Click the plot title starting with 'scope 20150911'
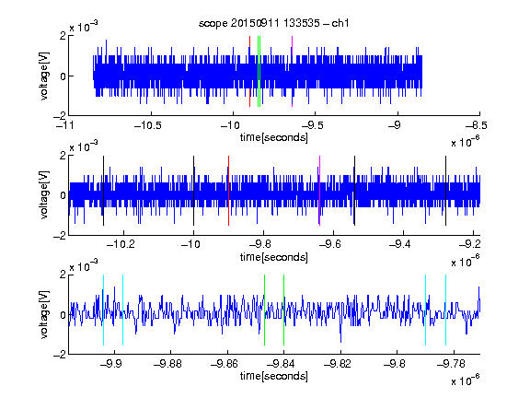click(x=273, y=23)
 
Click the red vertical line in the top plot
click(x=249, y=72)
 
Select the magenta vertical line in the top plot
click(x=292, y=72)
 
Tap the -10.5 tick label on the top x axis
click(x=148, y=125)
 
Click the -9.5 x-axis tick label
click(x=312, y=125)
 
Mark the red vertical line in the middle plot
click(x=229, y=191)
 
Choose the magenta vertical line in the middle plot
click(x=320, y=191)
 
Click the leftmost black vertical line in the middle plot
click(x=103, y=191)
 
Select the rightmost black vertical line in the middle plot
click(x=446, y=191)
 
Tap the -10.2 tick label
click(x=121, y=244)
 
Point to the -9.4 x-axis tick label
click(x=399, y=244)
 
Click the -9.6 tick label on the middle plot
click(x=329, y=244)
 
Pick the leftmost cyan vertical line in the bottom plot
click(x=103, y=310)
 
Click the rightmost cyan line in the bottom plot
click(x=446, y=310)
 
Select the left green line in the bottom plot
click(x=264, y=310)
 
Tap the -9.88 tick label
click(x=167, y=364)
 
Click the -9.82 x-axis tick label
click(x=338, y=364)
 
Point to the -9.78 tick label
click(x=451, y=364)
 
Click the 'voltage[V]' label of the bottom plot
click(x=44, y=314)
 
